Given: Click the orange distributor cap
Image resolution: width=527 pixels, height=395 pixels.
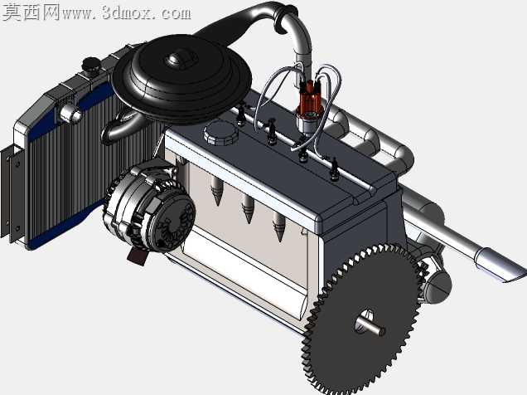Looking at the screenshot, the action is [x=310, y=98].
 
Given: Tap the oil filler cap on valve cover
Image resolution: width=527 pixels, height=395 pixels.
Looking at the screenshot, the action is [x=220, y=133].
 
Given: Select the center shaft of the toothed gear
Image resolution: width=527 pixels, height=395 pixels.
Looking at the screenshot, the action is [x=370, y=327].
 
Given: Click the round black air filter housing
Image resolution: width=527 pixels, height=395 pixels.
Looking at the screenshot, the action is [x=181, y=78].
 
